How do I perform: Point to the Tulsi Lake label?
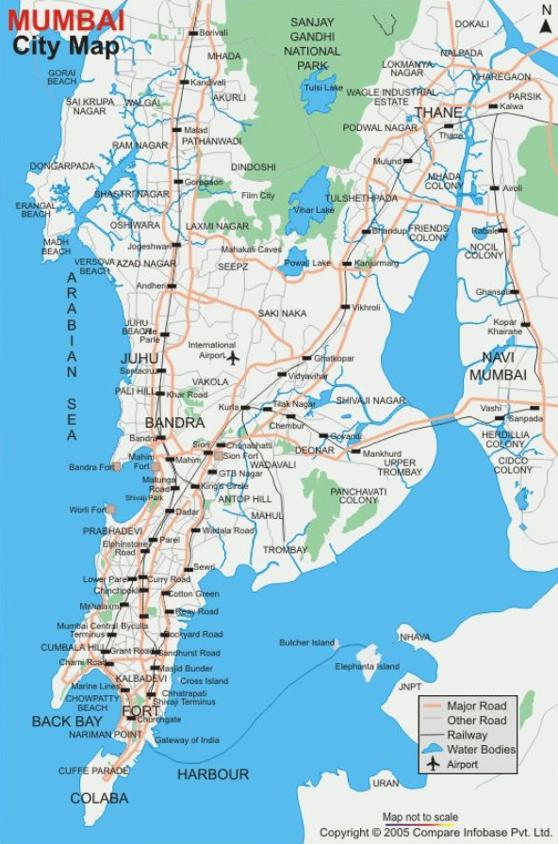[322, 89]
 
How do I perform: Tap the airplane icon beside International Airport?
[233, 357]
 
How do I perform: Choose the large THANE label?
[438, 113]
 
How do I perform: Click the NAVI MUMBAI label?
[503, 365]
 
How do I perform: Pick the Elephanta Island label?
[367, 667]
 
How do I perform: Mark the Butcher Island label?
[306, 642]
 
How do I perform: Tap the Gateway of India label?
[187, 740]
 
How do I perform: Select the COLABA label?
[99, 798]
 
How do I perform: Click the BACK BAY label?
[67, 722]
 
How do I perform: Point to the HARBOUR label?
[213, 774]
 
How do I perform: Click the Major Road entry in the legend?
[476, 706]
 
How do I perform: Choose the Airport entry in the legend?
[462, 764]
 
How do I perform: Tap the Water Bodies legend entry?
[481, 750]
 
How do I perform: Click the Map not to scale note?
[420, 817]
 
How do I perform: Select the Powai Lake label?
[308, 263]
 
